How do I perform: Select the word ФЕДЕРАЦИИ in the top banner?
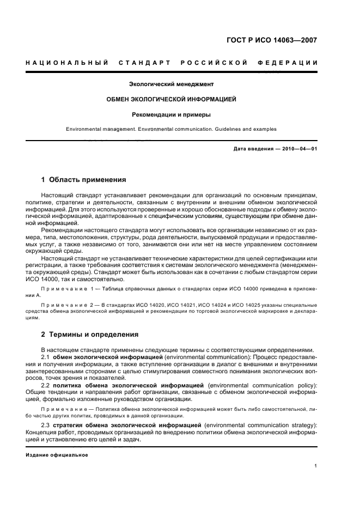pos(292,63)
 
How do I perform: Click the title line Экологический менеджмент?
pos(171,84)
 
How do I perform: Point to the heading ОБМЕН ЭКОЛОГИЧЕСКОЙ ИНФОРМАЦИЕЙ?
pos(171,100)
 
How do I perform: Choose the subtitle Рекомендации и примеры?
pos(171,115)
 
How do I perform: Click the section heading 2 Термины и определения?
pos(90,334)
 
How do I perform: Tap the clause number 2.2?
pos(46,385)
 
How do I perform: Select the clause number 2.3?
pos(46,424)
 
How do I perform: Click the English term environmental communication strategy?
pos(260,424)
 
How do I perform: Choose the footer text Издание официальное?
pos(57,455)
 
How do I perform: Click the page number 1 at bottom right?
pos(316,465)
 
